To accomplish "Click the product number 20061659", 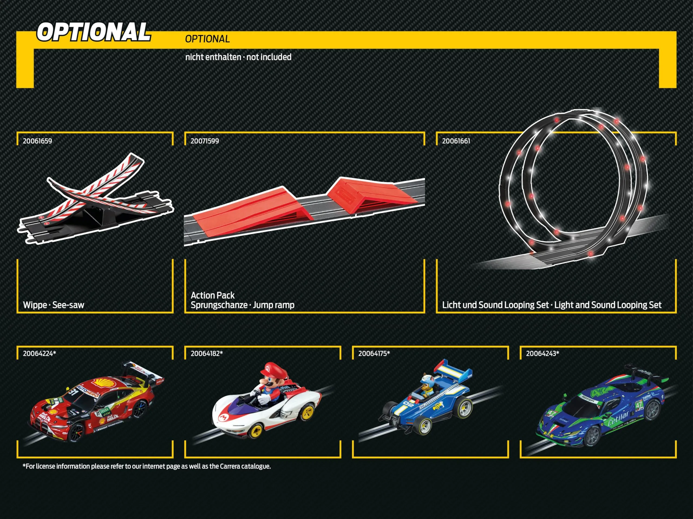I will coord(37,141).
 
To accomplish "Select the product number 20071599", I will coord(205,141).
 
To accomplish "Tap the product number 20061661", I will coord(456,141).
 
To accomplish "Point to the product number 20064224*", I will coord(39,354).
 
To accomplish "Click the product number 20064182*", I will coord(207,354).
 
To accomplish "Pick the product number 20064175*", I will coord(374,354).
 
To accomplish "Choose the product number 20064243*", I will coord(542,354).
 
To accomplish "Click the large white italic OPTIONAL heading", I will coord(93,32).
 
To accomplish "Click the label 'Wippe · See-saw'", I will coord(54,305).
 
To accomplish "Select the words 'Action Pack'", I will coord(213,295).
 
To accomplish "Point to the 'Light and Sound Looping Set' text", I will coord(608,305).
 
